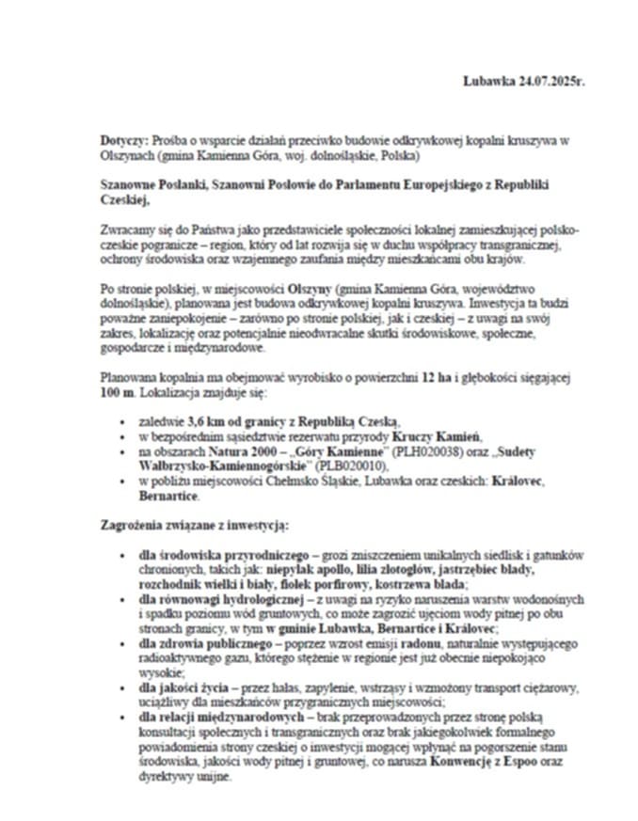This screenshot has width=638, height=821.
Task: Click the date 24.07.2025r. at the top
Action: (x=550, y=82)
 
